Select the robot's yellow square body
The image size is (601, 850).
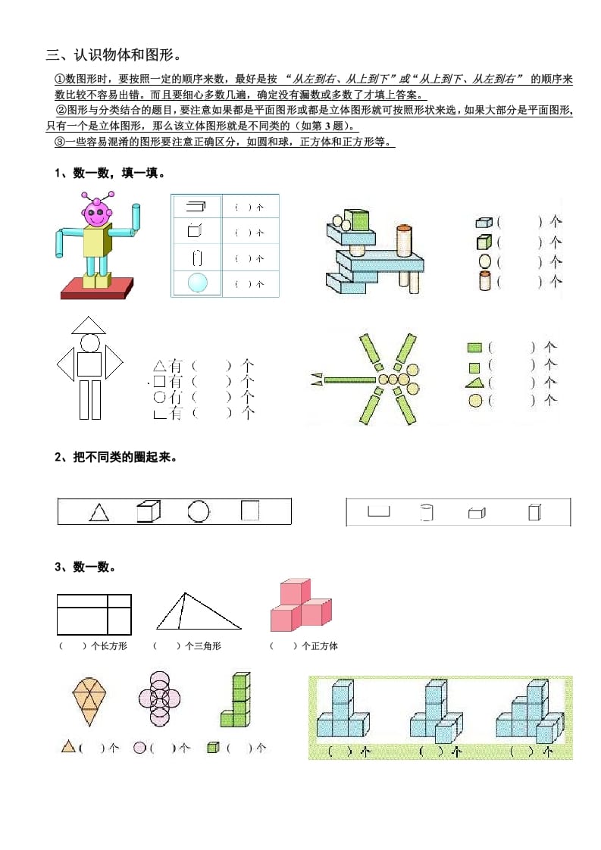pos(96,242)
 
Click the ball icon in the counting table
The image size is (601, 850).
pos(197,283)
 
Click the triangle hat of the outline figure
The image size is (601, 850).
pos(89,326)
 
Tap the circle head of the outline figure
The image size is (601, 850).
pos(89,343)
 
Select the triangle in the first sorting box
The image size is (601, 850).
pos(99,513)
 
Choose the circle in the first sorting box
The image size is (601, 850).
pos(198,511)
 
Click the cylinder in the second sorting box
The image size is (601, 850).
pos(426,513)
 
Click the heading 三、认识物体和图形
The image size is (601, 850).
pos(113,55)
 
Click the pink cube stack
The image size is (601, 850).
pos(300,605)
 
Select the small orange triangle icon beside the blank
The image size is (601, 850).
pos(67,747)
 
